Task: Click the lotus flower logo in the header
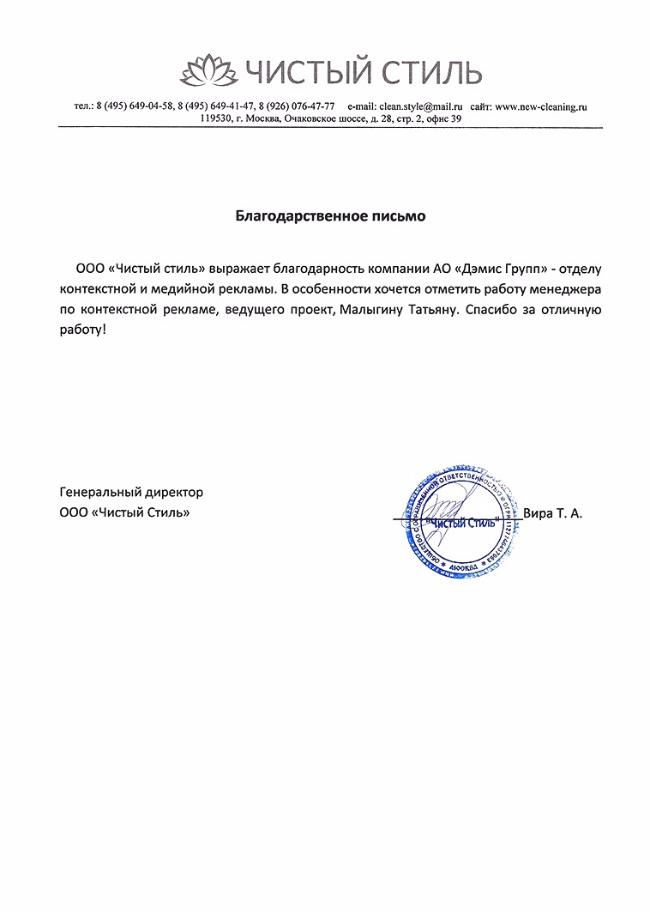click(x=206, y=71)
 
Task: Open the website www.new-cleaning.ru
click(x=541, y=106)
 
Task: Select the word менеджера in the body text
click(x=555, y=290)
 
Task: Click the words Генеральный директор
click(x=131, y=492)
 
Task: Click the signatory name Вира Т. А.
click(x=551, y=513)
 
